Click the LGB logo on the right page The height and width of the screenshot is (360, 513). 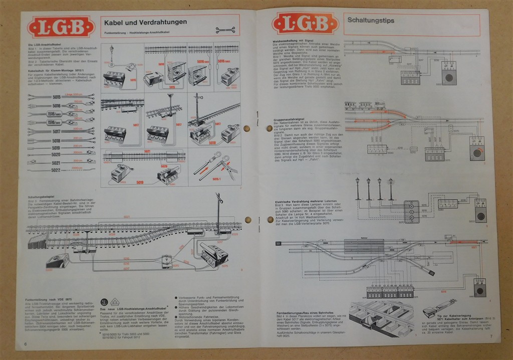coord(305,23)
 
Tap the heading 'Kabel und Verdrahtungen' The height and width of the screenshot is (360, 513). coord(143,22)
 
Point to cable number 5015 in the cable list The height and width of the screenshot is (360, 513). coord(56,96)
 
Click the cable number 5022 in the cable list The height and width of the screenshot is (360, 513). coord(55,170)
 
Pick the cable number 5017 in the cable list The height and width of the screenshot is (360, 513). coord(56,131)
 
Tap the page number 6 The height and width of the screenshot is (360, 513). coord(25,344)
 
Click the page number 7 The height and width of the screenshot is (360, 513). coord(491,336)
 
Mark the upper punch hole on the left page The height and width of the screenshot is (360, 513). coord(246,128)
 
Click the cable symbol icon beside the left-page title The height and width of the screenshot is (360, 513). coord(225,30)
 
